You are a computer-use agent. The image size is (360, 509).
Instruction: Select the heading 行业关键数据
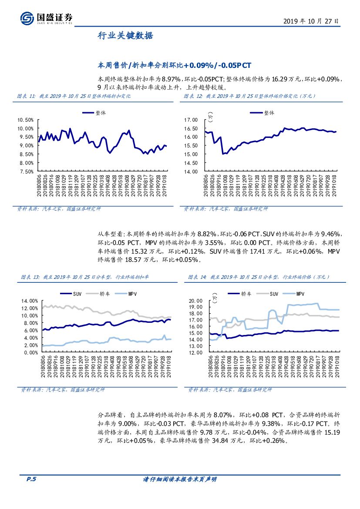click(125, 37)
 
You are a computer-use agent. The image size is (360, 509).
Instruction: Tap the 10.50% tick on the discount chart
click(25, 120)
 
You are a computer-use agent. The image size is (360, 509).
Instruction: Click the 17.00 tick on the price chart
click(191, 120)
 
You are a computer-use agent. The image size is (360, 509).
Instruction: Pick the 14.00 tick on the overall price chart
click(191, 171)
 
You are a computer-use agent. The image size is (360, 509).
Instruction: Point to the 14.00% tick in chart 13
click(27, 301)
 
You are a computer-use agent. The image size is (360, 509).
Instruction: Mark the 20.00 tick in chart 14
click(197, 301)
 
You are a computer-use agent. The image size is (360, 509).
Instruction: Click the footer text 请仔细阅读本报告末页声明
click(180, 479)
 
